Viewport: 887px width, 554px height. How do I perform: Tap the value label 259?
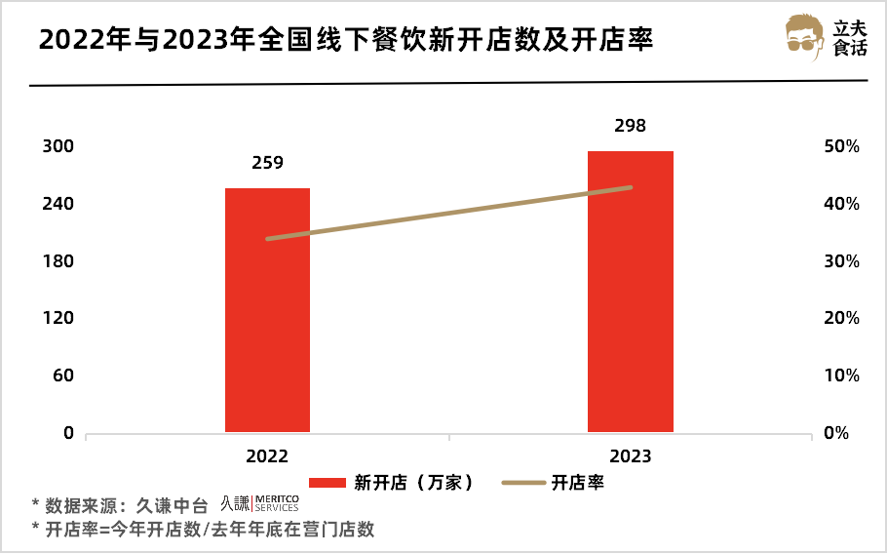click(267, 163)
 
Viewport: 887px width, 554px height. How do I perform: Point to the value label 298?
click(630, 126)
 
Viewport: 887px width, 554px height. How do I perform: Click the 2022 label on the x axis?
click(267, 455)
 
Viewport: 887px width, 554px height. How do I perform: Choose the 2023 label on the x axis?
click(630, 455)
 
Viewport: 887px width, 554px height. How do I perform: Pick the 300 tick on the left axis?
click(59, 146)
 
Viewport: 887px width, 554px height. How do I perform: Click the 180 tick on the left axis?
click(59, 261)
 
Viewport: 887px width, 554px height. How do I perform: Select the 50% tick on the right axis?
click(839, 146)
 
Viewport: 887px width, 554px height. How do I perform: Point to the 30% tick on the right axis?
click(839, 261)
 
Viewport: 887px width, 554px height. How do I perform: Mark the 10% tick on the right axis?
click(839, 376)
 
